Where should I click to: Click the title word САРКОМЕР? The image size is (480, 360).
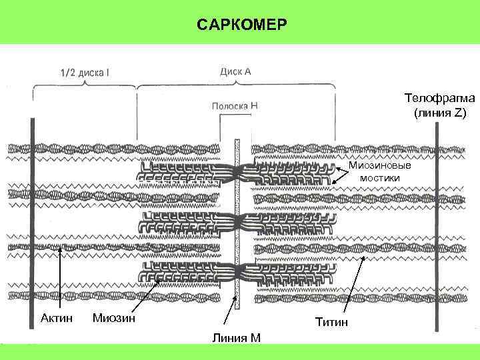[243, 25]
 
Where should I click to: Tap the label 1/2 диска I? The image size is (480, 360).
[85, 72]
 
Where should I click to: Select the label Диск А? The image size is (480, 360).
[235, 71]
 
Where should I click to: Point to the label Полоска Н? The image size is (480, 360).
[235, 105]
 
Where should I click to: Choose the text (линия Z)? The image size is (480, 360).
[438, 113]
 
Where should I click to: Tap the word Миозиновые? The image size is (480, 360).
[380, 165]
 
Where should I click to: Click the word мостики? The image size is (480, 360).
[380, 178]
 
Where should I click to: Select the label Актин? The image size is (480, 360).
[57, 317]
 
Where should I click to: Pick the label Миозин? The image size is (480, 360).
[114, 317]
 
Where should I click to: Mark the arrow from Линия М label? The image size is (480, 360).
[231, 313]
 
